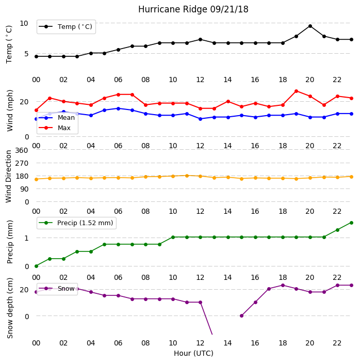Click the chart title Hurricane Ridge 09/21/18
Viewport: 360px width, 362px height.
(193, 9)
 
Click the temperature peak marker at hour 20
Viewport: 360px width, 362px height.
(310, 26)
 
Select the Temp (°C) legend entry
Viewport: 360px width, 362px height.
(66, 27)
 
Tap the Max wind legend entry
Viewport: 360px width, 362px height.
(55, 128)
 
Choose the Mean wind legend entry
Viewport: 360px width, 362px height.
(57, 118)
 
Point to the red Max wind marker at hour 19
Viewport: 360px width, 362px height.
(297, 91)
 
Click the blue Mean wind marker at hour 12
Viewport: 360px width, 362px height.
(201, 119)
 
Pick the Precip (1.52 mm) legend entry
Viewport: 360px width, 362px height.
(76, 223)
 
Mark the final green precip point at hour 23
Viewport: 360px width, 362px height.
(351, 223)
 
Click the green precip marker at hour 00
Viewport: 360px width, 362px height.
(36, 266)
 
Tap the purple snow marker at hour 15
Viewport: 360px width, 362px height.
(242, 316)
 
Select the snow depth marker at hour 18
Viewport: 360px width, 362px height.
(283, 286)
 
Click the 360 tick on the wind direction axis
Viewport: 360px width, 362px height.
(22, 150)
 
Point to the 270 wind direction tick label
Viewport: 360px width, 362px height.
(22, 163)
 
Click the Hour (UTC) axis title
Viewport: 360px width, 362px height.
(193, 353)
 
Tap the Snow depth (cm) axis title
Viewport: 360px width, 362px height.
(10, 308)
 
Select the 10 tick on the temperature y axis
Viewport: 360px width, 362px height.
(24, 23)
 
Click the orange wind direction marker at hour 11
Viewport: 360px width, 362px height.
(187, 176)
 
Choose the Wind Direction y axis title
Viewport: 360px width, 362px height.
(9, 177)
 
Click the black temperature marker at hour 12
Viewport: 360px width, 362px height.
(201, 39)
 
